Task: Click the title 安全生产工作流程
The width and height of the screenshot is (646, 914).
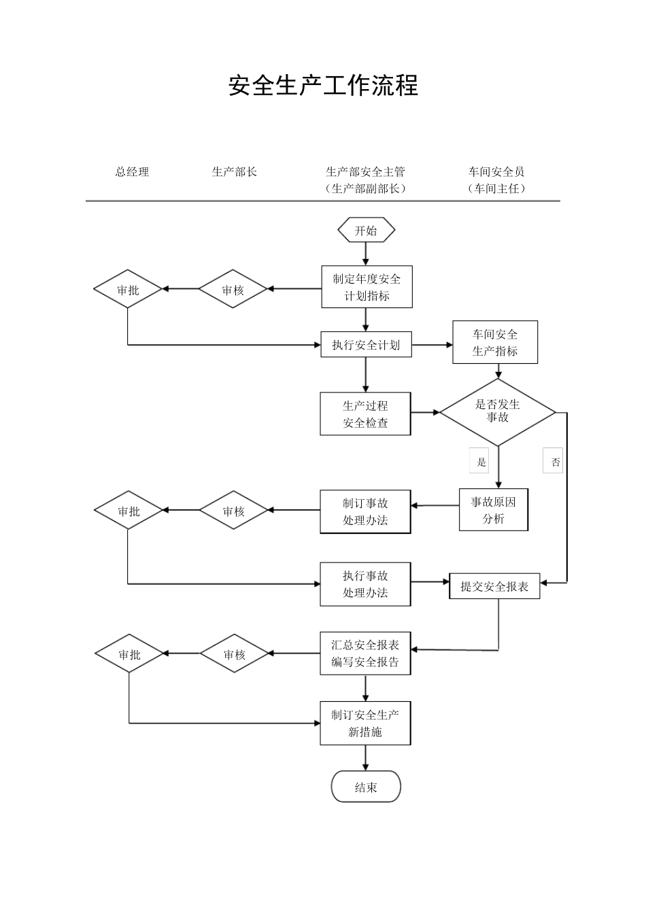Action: tap(323, 86)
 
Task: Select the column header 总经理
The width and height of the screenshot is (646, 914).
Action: tap(132, 172)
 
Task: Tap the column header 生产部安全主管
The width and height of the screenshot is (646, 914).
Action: tap(365, 172)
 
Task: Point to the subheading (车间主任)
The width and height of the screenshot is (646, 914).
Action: tap(496, 189)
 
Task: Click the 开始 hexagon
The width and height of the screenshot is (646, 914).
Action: tap(366, 231)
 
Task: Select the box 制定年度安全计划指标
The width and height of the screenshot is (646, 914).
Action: tap(367, 287)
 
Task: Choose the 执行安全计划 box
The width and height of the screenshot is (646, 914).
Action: tap(366, 345)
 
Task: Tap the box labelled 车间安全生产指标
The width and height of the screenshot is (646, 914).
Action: tap(495, 343)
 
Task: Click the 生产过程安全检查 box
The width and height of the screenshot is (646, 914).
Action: tap(365, 413)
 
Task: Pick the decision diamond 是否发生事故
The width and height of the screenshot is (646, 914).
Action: tap(497, 411)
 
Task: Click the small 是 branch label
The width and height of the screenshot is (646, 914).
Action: tap(481, 462)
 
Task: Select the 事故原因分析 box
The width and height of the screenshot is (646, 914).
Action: tap(494, 510)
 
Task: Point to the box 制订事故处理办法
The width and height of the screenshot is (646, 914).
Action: tap(365, 511)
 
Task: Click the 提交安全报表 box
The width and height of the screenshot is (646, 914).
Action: tap(494, 586)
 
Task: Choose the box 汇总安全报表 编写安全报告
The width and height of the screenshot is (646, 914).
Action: tap(365, 654)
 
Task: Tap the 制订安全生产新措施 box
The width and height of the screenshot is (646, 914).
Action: tap(365, 723)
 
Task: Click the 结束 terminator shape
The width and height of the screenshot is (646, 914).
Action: tap(366, 788)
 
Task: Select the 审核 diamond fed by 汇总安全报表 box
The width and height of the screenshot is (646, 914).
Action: tap(234, 654)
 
